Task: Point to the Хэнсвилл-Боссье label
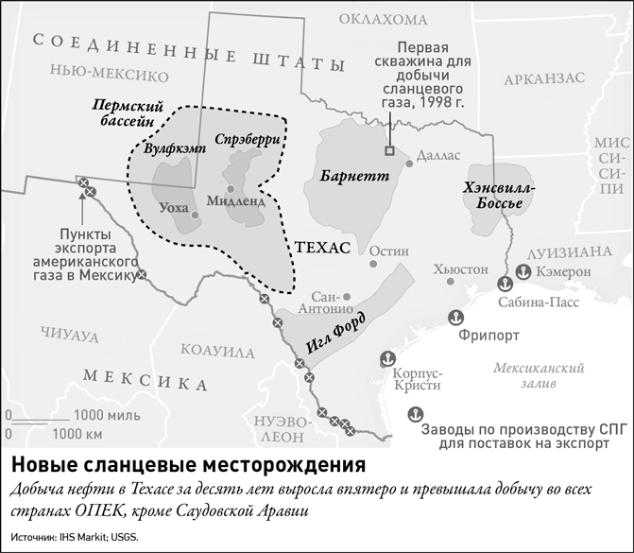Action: pyautogui.click(x=501, y=196)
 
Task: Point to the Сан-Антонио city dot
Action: pyautogui.click(x=347, y=295)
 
